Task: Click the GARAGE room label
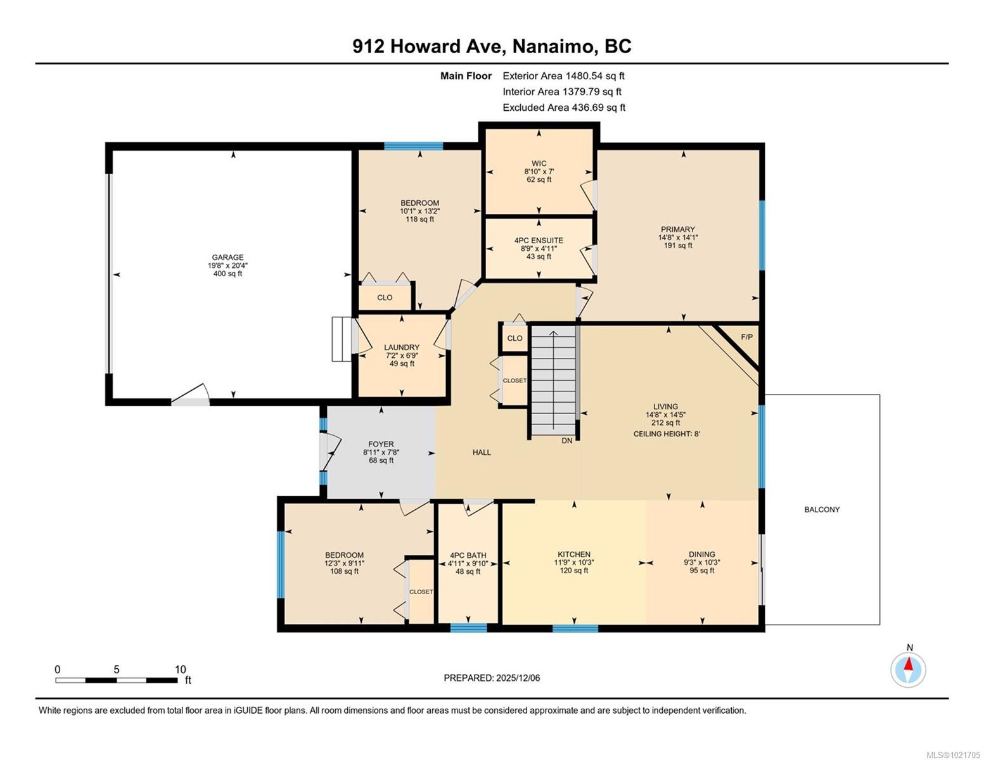click(x=227, y=257)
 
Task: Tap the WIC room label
click(x=539, y=163)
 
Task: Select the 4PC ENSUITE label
click(x=539, y=241)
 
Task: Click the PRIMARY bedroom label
click(x=678, y=229)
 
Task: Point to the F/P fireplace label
click(x=747, y=337)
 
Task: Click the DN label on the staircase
click(x=566, y=440)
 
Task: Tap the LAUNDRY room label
click(x=401, y=347)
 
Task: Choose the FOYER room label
click(x=381, y=444)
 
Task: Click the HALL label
click(x=482, y=452)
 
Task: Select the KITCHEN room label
click(x=574, y=554)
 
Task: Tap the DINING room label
click(x=702, y=554)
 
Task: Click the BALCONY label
click(x=822, y=509)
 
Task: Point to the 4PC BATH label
click(x=468, y=555)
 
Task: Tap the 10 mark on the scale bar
click(x=180, y=669)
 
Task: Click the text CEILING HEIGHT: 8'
click(x=667, y=434)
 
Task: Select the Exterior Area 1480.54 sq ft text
click(x=563, y=76)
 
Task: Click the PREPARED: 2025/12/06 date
click(x=492, y=678)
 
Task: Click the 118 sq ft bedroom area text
click(x=419, y=219)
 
